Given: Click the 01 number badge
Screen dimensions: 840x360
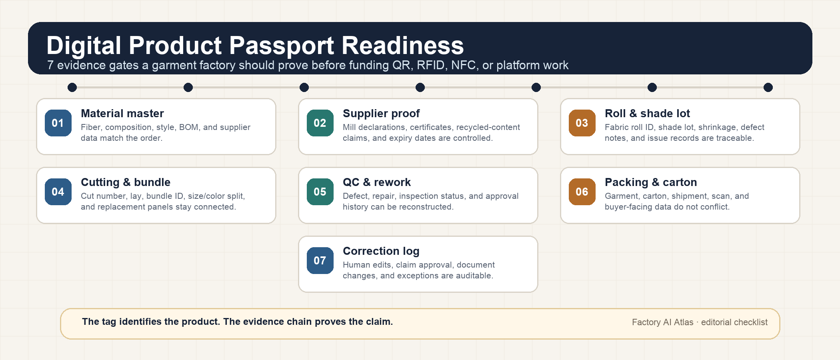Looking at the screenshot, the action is coord(58,123).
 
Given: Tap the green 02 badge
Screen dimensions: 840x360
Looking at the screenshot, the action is coord(320,123).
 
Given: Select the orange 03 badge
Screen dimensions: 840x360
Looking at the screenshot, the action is coord(582,123).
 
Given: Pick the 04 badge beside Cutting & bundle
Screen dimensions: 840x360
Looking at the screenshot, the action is coord(58,192).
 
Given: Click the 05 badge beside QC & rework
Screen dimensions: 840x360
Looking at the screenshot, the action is coord(320,192).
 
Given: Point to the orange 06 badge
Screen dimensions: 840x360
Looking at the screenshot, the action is coord(582,192).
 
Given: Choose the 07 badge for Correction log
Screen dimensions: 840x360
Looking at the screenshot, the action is coord(320,260).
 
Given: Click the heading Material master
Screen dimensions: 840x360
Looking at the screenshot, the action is coord(122,114).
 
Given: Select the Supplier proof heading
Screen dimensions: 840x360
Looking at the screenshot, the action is coord(381,114).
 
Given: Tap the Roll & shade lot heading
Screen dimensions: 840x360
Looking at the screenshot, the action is coord(647,114).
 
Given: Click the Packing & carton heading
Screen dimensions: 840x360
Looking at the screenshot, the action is coord(651,182).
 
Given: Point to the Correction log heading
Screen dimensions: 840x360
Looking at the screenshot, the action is coord(381,251).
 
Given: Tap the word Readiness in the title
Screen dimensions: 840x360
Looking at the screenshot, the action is coord(403,45).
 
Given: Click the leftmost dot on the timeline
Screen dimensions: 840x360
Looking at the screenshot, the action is coord(72,87).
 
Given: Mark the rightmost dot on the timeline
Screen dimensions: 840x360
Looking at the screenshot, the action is coord(768,87).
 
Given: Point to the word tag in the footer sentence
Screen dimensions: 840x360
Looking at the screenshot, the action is coord(108,322).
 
